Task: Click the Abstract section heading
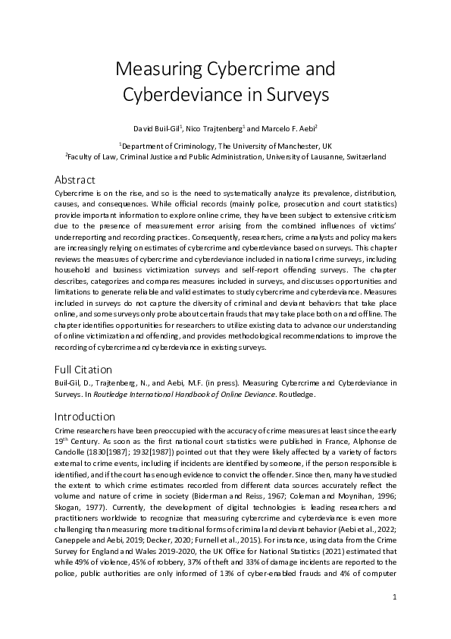point(75,180)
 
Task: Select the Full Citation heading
point(84,370)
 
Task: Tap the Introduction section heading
point(85,417)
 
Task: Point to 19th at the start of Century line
point(61,442)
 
